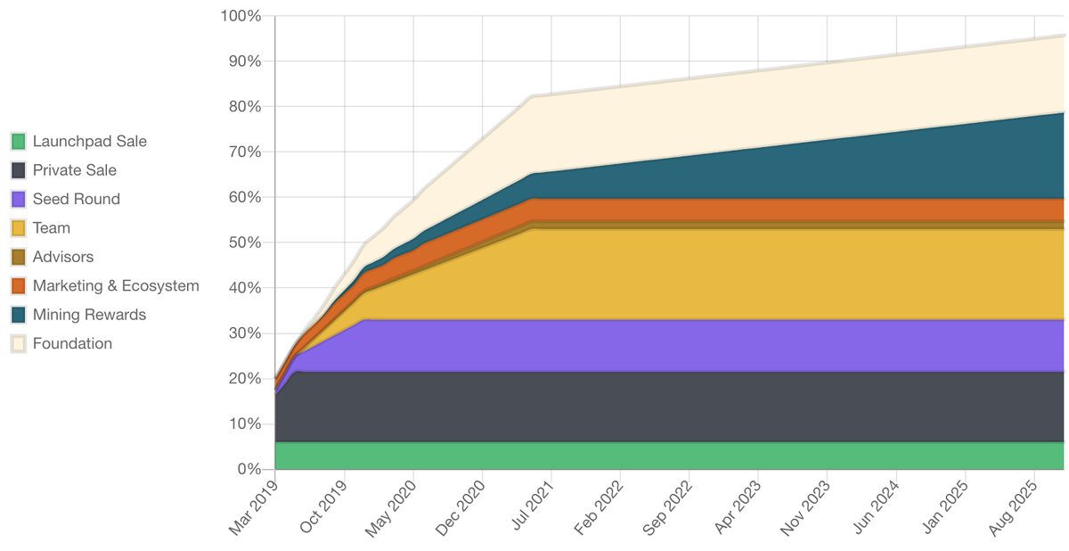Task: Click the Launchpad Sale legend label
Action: pyautogui.click(x=89, y=141)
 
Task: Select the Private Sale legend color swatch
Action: pyautogui.click(x=18, y=170)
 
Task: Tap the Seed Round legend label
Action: pyautogui.click(x=76, y=199)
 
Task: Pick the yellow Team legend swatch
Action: pyautogui.click(x=18, y=228)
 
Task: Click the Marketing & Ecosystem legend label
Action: pyautogui.click(x=116, y=286)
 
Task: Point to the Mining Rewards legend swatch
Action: pyautogui.click(x=18, y=315)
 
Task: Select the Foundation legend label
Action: pyautogui.click(x=72, y=343)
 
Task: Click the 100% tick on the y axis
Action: pyautogui.click(x=241, y=16)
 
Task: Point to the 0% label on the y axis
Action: pyautogui.click(x=249, y=469)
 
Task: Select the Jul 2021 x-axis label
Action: pyautogui.click(x=532, y=510)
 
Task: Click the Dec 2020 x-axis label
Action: pyautogui.click(x=462, y=510)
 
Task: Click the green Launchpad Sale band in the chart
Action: pyautogui.click(x=668, y=456)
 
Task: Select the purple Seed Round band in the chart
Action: pyautogui.click(x=668, y=346)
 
